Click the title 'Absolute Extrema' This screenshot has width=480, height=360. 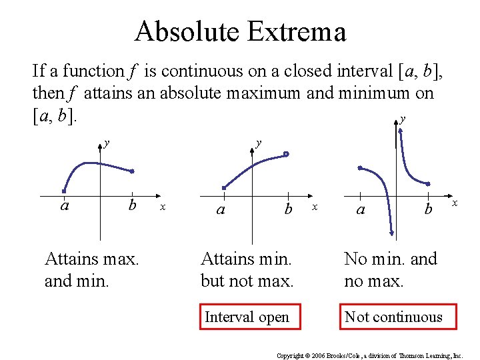tap(240, 31)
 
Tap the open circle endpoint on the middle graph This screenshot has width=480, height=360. tap(286, 154)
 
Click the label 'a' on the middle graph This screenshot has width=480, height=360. tap(221, 209)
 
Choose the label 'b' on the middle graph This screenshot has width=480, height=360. tap(288, 209)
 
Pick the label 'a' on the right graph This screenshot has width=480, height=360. tap(361, 209)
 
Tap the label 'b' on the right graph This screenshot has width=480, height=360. tap(429, 209)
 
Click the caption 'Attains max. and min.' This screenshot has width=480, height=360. tap(91, 269)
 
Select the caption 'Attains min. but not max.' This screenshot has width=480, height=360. tap(247, 269)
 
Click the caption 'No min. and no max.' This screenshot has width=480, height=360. tap(391, 269)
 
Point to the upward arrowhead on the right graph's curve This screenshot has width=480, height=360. tap(400, 131)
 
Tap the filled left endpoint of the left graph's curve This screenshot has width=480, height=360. tap(65, 191)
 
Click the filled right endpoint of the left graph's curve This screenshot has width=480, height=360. tap(132, 171)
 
